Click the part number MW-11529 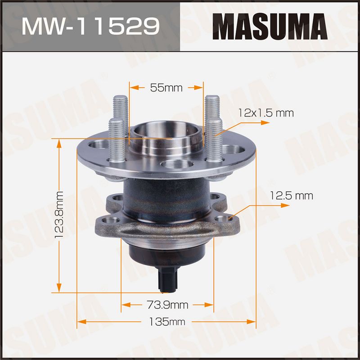click(x=91, y=27)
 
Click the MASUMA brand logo click(x=270, y=27)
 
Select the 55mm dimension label click(x=166, y=88)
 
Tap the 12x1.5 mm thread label click(x=266, y=113)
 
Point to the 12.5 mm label click(x=291, y=196)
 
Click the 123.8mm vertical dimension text click(x=59, y=215)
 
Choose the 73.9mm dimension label click(x=167, y=305)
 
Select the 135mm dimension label click(x=167, y=322)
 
